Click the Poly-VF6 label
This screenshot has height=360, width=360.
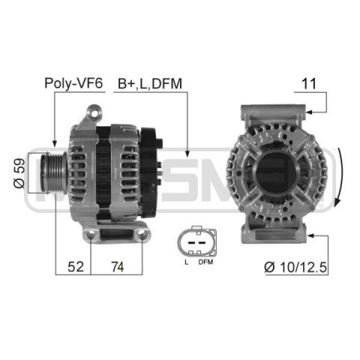(x=73, y=83)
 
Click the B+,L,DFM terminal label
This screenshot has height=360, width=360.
(x=150, y=84)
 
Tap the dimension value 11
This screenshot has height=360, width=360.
(x=309, y=84)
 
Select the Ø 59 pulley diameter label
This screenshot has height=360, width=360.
(x=19, y=173)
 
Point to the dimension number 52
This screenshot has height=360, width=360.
(x=76, y=267)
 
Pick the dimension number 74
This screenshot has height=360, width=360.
(x=118, y=267)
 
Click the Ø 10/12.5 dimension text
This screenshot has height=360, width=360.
(x=295, y=267)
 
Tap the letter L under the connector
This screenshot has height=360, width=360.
(x=186, y=262)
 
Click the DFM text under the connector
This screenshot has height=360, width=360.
(x=205, y=262)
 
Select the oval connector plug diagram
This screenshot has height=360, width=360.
(x=196, y=241)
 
